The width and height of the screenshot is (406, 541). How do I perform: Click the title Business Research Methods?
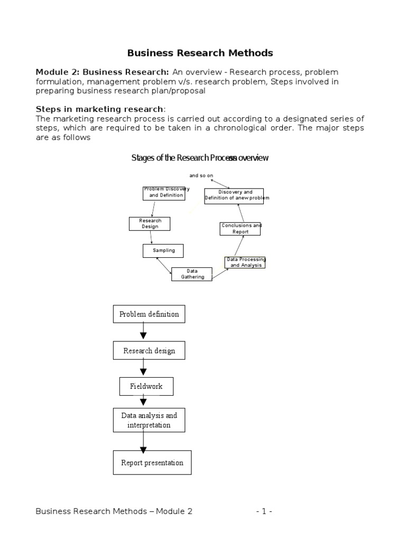[x=200, y=53]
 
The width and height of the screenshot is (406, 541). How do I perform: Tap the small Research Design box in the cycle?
[x=150, y=223]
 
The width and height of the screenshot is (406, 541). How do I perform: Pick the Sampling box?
[x=163, y=250]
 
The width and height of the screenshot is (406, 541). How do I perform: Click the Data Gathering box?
[x=192, y=274]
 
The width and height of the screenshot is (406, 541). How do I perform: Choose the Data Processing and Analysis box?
[x=245, y=263]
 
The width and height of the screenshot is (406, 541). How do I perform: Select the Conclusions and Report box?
[x=241, y=229]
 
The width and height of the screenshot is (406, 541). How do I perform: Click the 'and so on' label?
[x=201, y=175]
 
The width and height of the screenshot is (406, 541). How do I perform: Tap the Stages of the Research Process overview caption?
[x=200, y=158]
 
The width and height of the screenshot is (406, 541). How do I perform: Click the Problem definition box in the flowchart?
[x=149, y=314]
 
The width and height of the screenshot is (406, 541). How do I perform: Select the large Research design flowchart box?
[x=149, y=351]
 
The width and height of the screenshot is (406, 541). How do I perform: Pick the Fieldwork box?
[x=146, y=386]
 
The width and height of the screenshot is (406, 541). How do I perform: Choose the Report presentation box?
[x=152, y=463]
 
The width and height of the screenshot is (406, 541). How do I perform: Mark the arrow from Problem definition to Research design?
[x=143, y=332]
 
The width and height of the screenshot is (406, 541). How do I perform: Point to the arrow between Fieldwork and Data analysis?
[x=143, y=402]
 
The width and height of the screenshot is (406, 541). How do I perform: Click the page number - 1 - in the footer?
[x=264, y=511]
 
